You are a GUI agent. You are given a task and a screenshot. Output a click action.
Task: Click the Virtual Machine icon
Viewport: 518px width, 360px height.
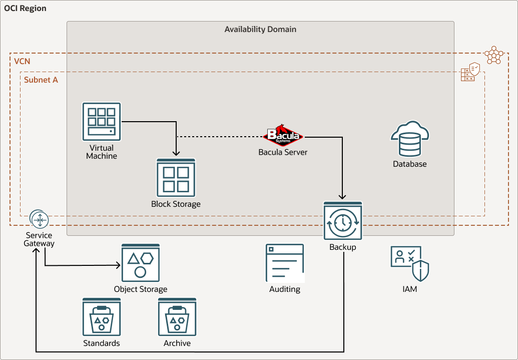pyautogui.click(x=102, y=122)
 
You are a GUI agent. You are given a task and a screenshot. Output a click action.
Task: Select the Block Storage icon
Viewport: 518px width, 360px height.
pyautogui.click(x=176, y=178)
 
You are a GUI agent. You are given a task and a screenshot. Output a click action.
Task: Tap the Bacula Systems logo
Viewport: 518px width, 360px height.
pyautogui.click(x=283, y=134)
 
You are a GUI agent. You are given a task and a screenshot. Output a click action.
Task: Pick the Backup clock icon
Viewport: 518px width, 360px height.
pyautogui.click(x=343, y=221)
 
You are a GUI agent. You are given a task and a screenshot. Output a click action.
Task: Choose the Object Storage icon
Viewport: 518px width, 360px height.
pyautogui.click(x=141, y=263)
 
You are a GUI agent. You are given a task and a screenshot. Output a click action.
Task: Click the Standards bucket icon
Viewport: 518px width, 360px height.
pyautogui.click(x=102, y=317)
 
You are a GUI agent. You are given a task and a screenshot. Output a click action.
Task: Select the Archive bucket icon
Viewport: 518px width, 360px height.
pyautogui.click(x=177, y=317)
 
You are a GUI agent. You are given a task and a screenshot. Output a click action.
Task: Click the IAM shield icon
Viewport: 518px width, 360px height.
pyautogui.click(x=409, y=263)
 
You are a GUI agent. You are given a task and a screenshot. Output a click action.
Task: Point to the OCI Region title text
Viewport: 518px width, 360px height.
pyautogui.click(x=25, y=9)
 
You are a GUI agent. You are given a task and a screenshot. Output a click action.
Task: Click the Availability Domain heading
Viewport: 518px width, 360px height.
pyautogui.click(x=260, y=30)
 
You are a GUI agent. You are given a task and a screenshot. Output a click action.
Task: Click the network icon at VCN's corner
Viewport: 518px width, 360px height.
pyautogui.click(x=494, y=55)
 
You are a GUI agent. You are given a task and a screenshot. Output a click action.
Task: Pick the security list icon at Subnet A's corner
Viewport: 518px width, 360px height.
pyautogui.click(x=470, y=72)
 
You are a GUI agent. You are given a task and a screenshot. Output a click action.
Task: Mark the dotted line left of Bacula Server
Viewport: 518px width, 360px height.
pyautogui.click(x=220, y=137)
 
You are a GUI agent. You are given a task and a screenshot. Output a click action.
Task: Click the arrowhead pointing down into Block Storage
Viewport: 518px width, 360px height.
pyautogui.click(x=176, y=154)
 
